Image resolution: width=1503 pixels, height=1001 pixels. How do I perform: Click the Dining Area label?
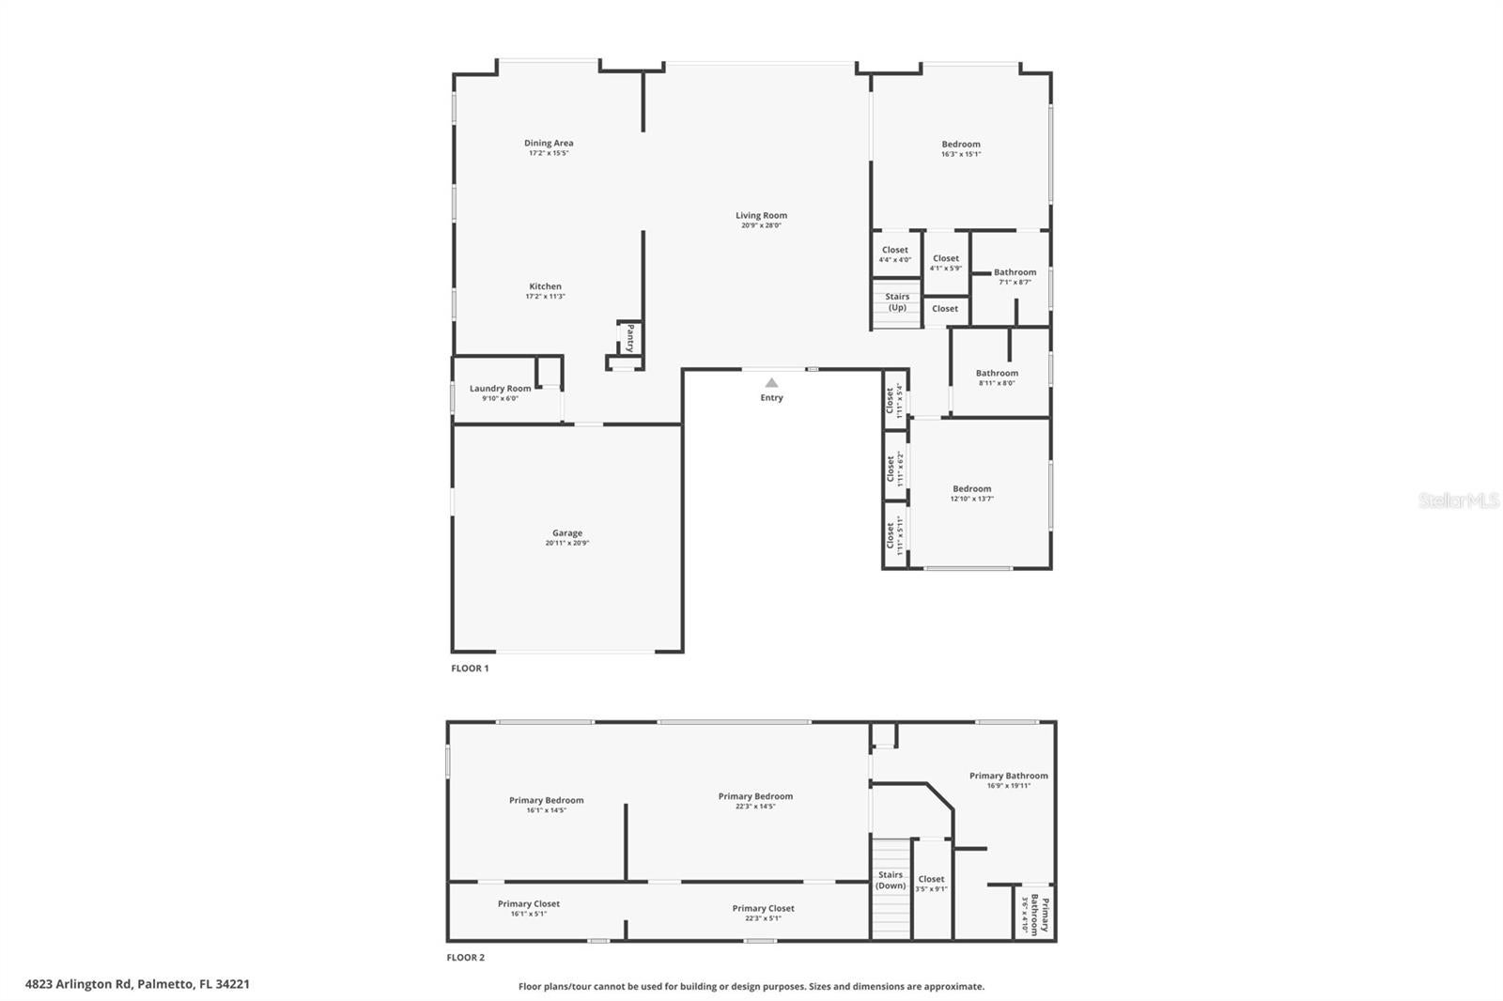coord(549,144)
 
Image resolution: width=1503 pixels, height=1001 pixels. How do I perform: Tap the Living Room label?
coord(761,216)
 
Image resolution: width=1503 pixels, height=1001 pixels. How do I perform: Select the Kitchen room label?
coord(545,287)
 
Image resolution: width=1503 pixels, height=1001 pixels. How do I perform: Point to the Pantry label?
coord(630,338)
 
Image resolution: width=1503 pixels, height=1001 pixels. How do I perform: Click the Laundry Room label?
coord(500,389)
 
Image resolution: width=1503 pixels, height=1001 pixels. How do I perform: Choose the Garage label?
coord(566,533)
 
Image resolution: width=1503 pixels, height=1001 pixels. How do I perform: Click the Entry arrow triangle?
coord(771,382)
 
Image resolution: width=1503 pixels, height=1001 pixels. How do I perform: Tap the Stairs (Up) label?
coord(896,302)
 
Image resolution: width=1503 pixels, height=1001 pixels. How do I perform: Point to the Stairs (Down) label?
coord(891,880)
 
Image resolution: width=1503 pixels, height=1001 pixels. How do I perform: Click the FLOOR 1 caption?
coord(470,669)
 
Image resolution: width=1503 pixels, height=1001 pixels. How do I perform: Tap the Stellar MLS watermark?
coord(1458,500)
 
